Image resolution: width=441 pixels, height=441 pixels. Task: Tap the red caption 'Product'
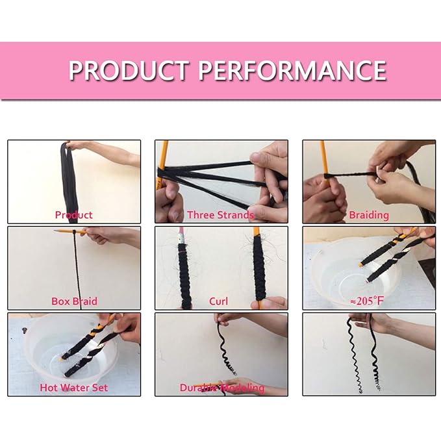73,214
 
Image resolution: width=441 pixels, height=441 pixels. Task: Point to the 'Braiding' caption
368,214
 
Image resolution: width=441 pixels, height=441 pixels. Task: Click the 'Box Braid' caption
73,301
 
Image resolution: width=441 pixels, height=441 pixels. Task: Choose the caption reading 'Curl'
218,301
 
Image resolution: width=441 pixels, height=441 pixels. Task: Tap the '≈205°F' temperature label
368,301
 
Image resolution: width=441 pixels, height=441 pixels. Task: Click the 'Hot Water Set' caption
73,388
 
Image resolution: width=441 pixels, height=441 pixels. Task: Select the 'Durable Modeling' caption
222,388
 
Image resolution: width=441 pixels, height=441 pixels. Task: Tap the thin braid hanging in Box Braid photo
77,266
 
